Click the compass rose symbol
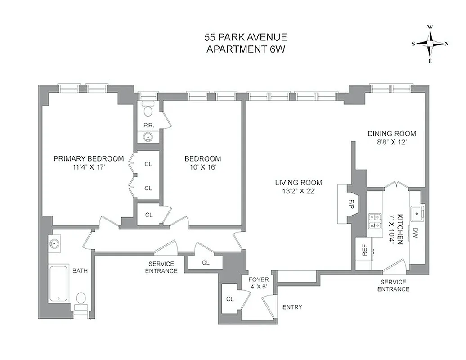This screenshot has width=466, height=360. pyautogui.click(x=430, y=44)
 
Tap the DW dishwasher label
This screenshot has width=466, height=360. pyautogui.click(x=415, y=233)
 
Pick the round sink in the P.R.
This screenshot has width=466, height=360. pyautogui.click(x=148, y=137)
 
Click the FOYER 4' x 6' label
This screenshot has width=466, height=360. pyautogui.click(x=259, y=283)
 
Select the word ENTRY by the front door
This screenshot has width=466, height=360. pyautogui.click(x=292, y=307)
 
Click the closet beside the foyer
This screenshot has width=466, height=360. pyautogui.click(x=229, y=299)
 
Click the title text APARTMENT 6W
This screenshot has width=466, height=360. pyautogui.click(x=246, y=49)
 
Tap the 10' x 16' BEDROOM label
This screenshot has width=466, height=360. pyautogui.click(x=202, y=162)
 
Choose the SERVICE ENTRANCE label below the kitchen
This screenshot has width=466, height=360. pyautogui.click(x=393, y=285)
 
